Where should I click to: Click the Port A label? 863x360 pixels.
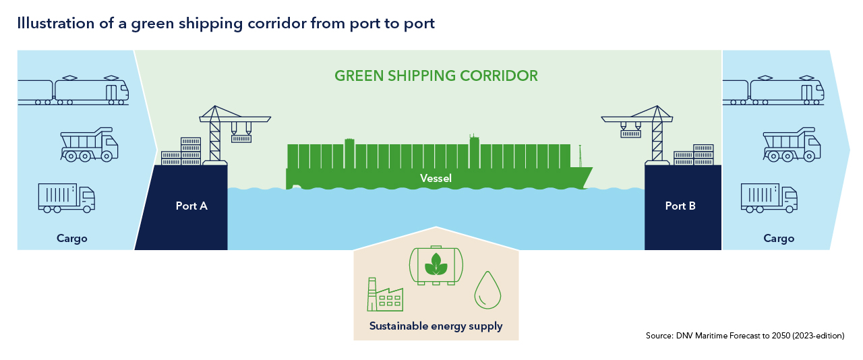[x=191, y=206]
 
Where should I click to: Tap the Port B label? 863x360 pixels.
[x=680, y=206]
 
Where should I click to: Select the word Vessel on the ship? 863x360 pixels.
[x=436, y=179]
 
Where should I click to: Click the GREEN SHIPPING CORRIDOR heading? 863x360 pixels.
[x=436, y=76]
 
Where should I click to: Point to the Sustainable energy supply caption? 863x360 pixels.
[x=436, y=326]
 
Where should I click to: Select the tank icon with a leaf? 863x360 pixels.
[x=436, y=264]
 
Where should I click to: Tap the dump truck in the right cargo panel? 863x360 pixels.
[x=792, y=145]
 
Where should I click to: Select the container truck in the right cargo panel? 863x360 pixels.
[x=769, y=198]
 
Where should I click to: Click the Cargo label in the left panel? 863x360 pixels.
[x=72, y=239]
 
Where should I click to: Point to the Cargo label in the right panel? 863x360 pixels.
[x=779, y=239]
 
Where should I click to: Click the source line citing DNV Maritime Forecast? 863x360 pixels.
[x=745, y=335]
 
